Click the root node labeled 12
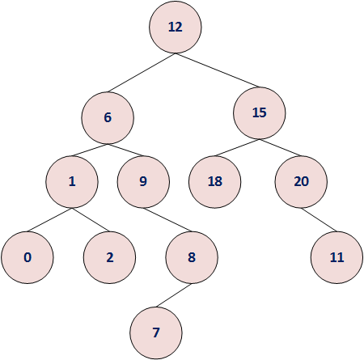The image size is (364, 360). (175, 27)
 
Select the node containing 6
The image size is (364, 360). (107, 116)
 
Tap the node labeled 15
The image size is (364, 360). (259, 112)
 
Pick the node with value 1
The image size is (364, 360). (72, 181)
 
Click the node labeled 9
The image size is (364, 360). (143, 181)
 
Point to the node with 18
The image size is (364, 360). (214, 181)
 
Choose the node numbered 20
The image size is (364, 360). (301, 181)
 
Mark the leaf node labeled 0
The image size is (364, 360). (28, 257)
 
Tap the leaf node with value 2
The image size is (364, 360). (109, 257)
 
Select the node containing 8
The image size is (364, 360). (192, 257)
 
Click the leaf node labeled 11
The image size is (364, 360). (337, 257)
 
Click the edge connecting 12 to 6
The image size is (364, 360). (142, 72)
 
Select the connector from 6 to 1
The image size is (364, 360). (91, 149)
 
